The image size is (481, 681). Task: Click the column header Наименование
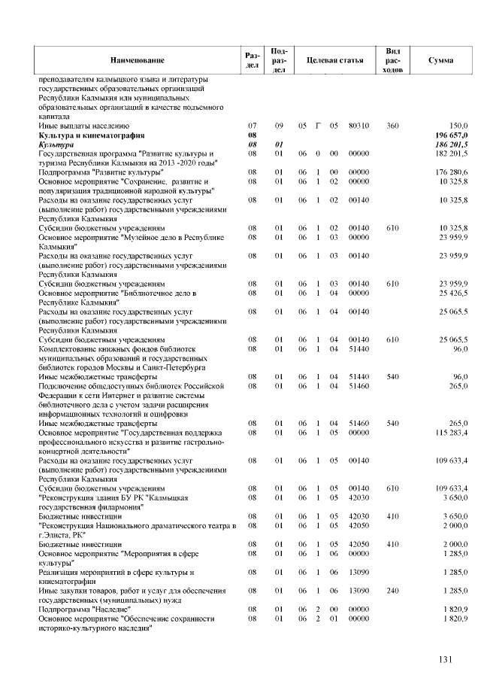tap(137, 59)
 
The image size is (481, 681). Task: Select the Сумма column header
tap(440, 59)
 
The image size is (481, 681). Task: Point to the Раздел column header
tap(253, 59)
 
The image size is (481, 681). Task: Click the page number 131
tap(446, 660)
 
